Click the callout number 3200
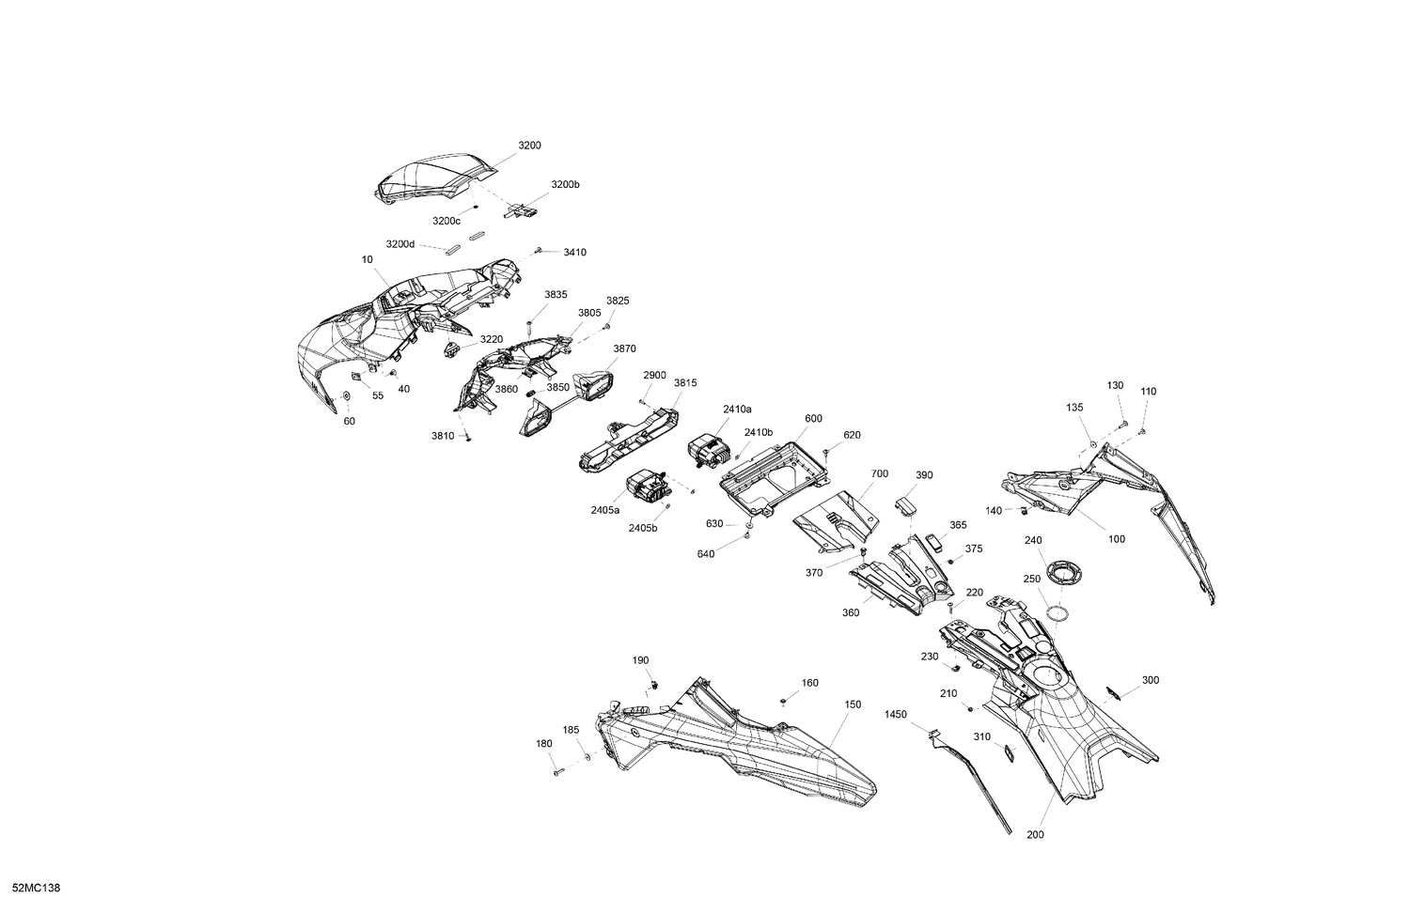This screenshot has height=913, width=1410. pyautogui.click(x=529, y=146)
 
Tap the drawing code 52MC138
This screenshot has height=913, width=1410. pyautogui.click(x=36, y=889)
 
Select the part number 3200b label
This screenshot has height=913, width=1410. pyautogui.click(x=565, y=185)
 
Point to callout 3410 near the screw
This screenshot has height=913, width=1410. pyautogui.click(x=574, y=252)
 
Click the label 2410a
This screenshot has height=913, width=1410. pyautogui.click(x=737, y=409)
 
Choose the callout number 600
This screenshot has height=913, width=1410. pyautogui.click(x=813, y=419)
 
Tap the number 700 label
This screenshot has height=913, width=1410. pyautogui.click(x=879, y=473)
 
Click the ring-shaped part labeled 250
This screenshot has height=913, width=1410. pyautogui.click(x=1057, y=612)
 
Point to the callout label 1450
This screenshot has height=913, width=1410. pyautogui.click(x=896, y=714)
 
